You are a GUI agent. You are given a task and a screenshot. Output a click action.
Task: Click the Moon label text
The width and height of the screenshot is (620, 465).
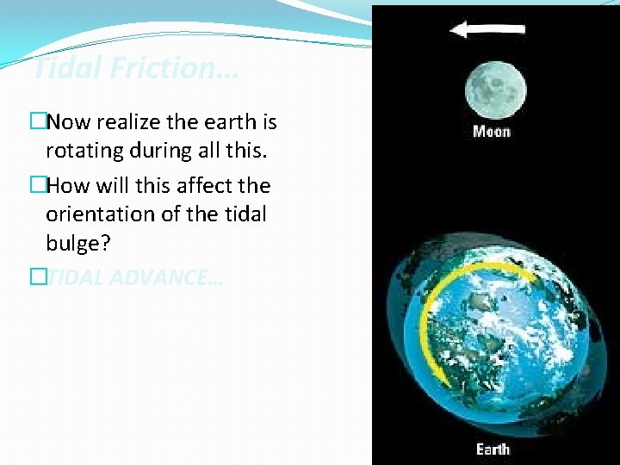coord(491,132)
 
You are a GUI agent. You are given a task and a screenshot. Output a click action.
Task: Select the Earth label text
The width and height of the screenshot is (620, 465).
coord(493,449)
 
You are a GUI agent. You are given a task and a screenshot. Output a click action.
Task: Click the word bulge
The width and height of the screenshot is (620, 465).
coord(78,243)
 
